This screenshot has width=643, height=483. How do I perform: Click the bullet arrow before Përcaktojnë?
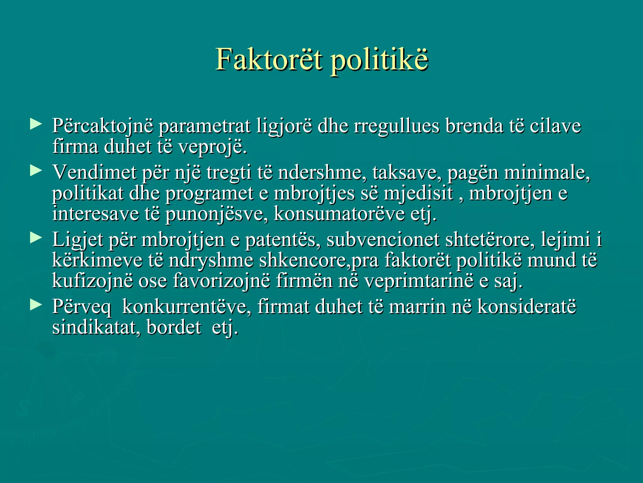[36, 124]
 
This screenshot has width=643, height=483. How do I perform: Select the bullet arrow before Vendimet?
[36, 171]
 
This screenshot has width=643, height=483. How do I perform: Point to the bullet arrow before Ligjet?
[36, 238]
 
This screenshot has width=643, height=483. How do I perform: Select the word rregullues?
[396, 126]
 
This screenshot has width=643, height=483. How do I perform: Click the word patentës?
[283, 240]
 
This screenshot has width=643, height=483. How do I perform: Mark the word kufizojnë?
[92, 281]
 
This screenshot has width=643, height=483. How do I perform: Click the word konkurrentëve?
[186, 307]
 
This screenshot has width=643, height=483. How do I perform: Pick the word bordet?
[174, 327]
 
